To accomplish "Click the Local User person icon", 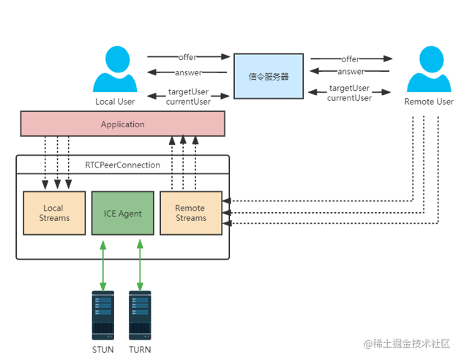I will click(x=115, y=69).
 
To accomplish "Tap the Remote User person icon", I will click(x=428, y=69).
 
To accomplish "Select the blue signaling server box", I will click(x=269, y=75).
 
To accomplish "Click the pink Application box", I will click(x=122, y=124).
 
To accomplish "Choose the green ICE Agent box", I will click(x=122, y=213).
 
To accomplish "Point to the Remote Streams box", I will click(x=190, y=213).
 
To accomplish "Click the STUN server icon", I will click(x=103, y=315).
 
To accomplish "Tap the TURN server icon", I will click(x=140, y=315).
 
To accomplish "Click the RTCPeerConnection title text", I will click(x=122, y=165).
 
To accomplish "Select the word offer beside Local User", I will click(x=189, y=57).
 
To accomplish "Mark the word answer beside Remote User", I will click(x=351, y=72).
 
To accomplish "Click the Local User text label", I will click(x=115, y=101).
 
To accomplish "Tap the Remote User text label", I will click(x=429, y=102).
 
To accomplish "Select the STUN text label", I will click(x=103, y=349).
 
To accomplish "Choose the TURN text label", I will click(x=140, y=349).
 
